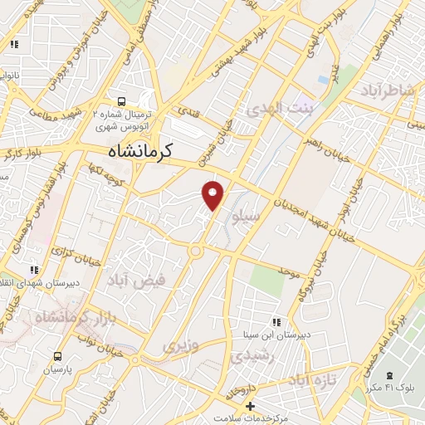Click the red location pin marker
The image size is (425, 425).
click(x=214, y=194)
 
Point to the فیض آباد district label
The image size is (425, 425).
click(x=136, y=281)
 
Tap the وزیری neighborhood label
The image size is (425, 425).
click(x=181, y=344)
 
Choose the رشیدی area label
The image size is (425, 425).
click(x=247, y=355)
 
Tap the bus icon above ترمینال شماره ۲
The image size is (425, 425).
click(x=122, y=98)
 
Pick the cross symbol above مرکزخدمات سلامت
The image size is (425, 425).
click(x=250, y=406)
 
